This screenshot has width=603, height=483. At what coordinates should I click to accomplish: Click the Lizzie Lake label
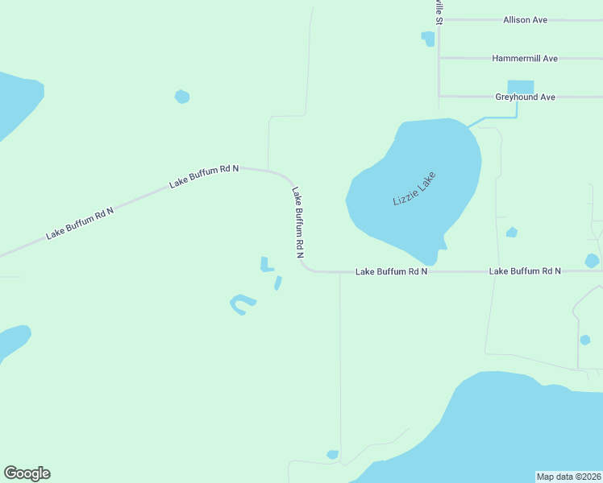tap(414, 189)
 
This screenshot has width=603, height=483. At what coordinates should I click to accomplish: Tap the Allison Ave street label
tap(525, 19)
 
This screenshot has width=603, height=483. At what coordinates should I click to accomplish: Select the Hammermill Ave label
tap(525, 59)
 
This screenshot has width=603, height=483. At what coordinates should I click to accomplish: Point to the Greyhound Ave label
tap(525, 97)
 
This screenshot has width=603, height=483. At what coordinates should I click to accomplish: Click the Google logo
tap(27, 473)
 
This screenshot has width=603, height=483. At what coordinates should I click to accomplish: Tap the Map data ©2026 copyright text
tap(569, 477)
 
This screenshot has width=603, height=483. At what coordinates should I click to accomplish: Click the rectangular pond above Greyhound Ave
tap(520, 86)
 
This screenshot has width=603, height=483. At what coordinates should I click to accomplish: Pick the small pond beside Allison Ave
tap(427, 38)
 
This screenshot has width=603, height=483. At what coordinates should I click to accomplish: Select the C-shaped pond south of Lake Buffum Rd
tap(241, 303)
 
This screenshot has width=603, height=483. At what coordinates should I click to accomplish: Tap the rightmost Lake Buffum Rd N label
tap(525, 272)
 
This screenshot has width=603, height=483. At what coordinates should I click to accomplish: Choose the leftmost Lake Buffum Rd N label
tap(80, 222)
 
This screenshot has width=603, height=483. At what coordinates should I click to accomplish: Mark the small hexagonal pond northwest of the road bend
tap(182, 97)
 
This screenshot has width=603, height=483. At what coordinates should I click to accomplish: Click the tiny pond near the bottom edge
tap(332, 455)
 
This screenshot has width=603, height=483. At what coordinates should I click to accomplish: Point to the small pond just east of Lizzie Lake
tap(511, 233)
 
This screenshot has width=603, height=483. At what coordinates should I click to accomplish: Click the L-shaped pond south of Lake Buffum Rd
tap(265, 264)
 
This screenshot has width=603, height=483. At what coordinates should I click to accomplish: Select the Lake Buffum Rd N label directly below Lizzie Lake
tap(391, 272)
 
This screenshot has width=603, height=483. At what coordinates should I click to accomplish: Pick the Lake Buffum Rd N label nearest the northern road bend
tap(204, 177)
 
